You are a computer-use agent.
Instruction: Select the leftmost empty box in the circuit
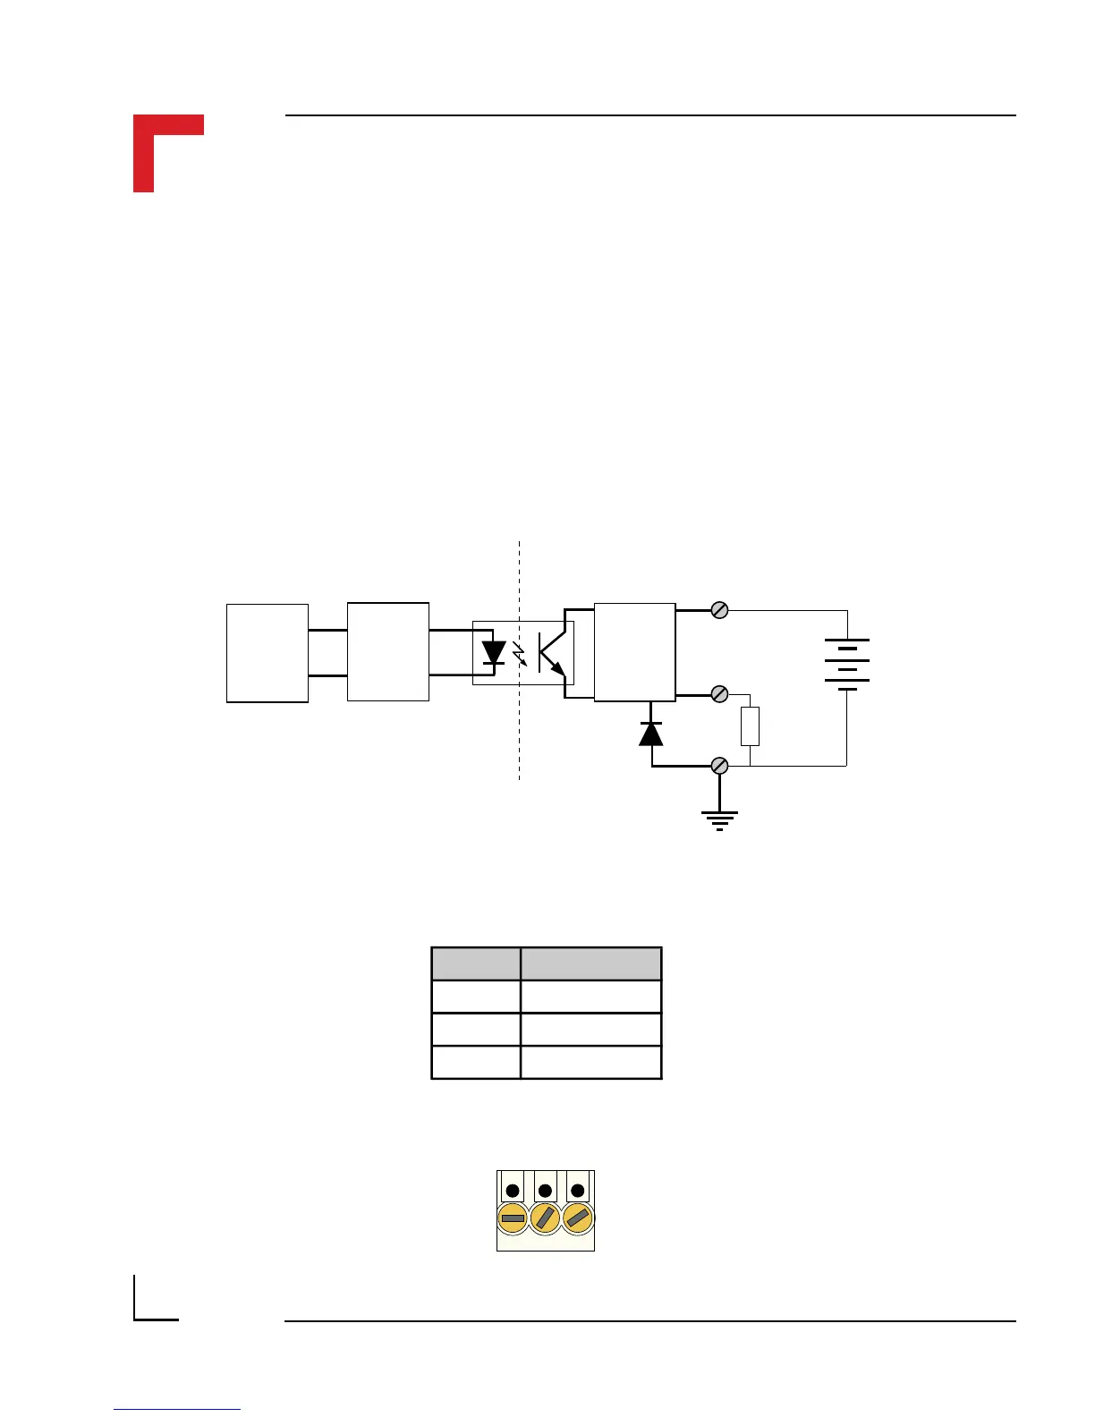pos(267,653)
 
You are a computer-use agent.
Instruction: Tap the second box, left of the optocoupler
pos(388,651)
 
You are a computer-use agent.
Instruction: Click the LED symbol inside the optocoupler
pos(494,653)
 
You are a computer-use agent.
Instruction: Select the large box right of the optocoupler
pos(634,652)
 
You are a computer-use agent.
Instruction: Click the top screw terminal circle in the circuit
pos(719,610)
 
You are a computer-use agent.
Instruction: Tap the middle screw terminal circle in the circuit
pos(719,694)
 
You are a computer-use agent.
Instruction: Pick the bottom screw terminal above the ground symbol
pos(719,766)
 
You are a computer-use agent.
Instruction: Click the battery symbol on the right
pos(846,665)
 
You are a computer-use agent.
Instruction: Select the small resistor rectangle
pos(750,725)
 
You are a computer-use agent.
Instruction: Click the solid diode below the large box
pos(651,733)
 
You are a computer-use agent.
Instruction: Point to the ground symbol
pos(719,819)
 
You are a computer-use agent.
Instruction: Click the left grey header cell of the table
pos(476,964)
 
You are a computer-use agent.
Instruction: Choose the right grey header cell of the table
pos(591,964)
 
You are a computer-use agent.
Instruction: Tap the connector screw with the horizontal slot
pos(513,1218)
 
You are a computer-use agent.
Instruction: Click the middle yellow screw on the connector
pos(545,1218)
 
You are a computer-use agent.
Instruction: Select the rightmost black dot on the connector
pos(578,1191)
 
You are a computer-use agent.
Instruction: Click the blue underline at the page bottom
pos(177,1410)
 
